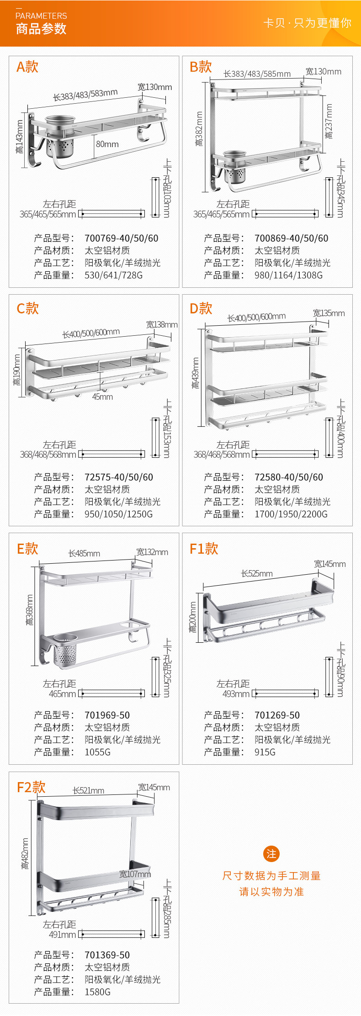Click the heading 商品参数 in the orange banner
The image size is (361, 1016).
pos(41,29)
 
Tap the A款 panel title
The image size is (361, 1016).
pos(27,67)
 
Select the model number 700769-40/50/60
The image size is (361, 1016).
pos(121,238)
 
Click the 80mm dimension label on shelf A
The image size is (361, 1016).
pos(107,144)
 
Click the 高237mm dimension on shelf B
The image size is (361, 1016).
pos(329,121)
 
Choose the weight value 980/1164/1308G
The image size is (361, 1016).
pos(288,275)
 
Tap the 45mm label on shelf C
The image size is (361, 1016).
pos(102,397)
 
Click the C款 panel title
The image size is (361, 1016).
pos(28,308)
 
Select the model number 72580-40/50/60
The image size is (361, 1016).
pos(288,477)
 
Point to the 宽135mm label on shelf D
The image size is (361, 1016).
pos(329,313)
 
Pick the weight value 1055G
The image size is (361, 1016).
pos(97,752)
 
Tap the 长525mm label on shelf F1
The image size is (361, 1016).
pos(257,574)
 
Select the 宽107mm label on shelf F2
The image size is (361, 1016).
pos(135,874)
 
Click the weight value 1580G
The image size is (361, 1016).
pos(97,992)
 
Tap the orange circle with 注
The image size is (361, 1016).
pos(271,854)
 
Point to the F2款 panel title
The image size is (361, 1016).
pos(31,787)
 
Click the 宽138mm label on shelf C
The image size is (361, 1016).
pos(162,325)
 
